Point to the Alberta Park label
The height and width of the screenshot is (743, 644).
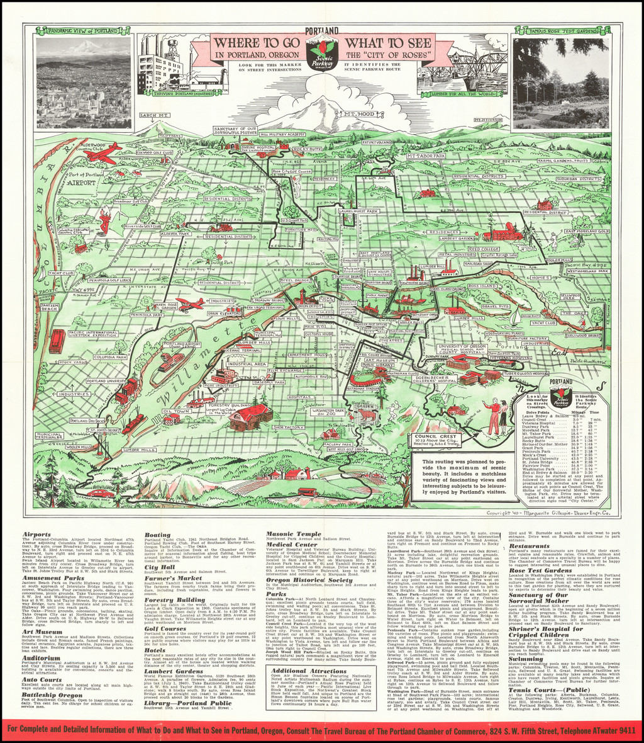[175, 233]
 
